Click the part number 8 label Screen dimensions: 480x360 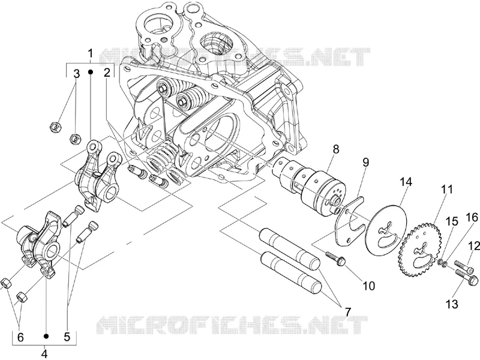336,149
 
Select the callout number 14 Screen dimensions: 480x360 406,182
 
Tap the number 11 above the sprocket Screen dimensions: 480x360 446,190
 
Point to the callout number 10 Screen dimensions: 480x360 369,286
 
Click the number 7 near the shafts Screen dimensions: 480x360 348,311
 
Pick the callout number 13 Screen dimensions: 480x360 452,304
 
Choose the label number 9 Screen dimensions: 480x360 366,162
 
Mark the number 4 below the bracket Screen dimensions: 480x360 44,354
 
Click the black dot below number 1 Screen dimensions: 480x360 91,71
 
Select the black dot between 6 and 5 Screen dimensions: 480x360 46,336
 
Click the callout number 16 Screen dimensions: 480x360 472,218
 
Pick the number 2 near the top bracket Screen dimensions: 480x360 107,73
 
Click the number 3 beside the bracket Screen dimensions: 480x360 76,73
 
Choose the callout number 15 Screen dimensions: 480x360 452,221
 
